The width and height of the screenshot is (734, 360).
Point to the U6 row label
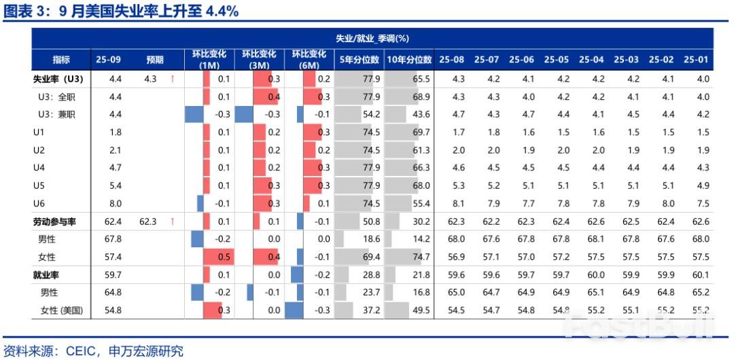tap(39, 202)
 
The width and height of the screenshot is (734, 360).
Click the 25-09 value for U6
tap(116, 202)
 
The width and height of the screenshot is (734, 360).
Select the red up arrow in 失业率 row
tap(172, 79)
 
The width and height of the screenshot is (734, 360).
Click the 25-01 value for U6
tap(703, 202)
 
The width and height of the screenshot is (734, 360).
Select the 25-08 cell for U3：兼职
tap(458, 114)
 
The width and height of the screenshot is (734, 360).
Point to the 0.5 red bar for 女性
tap(218, 256)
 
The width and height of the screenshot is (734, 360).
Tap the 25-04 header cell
tap(591, 60)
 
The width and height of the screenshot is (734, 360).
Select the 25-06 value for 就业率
tap(522, 274)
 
